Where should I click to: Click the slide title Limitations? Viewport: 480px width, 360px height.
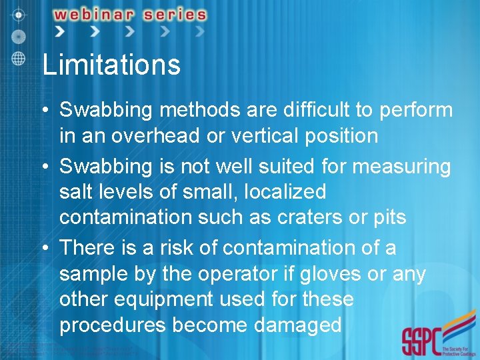[111, 65]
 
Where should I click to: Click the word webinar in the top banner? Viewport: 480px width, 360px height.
[97, 14]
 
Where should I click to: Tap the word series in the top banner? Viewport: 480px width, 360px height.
[173, 14]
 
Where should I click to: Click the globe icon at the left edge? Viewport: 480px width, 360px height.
[18, 57]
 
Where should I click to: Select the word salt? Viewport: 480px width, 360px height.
[77, 192]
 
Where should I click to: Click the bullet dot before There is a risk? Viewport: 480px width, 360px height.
[45, 248]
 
